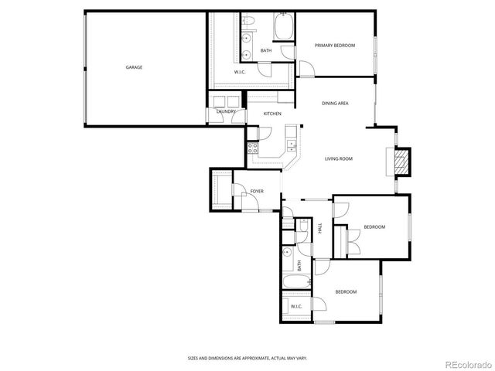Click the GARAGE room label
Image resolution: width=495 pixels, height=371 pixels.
tap(134, 67)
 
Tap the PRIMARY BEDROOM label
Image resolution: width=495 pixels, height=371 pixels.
tap(335, 46)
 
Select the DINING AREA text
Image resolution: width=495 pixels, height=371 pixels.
tap(335, 103)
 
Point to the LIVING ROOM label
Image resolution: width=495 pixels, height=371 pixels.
tap(339, 158)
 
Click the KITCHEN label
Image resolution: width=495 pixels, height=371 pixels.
tap(272, 114)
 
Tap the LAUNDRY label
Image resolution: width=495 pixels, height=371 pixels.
tap(226, 111)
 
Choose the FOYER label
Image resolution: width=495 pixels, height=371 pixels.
tap(257, 190)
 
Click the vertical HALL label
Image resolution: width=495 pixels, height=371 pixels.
tap(320, 228)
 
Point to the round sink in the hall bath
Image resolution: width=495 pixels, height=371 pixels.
tap(287, 252)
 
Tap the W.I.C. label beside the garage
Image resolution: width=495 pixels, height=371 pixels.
tap(241, 72)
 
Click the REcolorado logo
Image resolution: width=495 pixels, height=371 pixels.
tap(467, 363)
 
